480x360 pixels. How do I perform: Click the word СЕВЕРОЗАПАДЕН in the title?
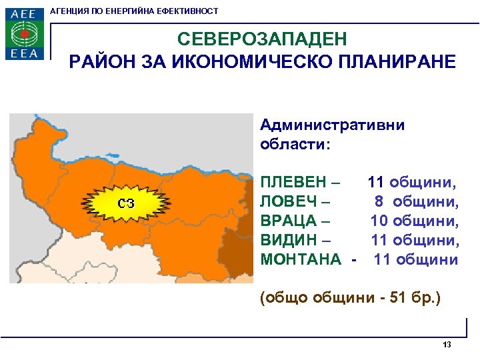262,41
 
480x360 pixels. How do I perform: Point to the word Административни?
332,125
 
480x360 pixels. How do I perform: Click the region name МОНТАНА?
300,259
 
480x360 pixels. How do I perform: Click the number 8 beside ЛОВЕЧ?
378,201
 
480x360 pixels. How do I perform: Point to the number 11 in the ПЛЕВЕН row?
376,182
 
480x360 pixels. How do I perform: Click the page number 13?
447,345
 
